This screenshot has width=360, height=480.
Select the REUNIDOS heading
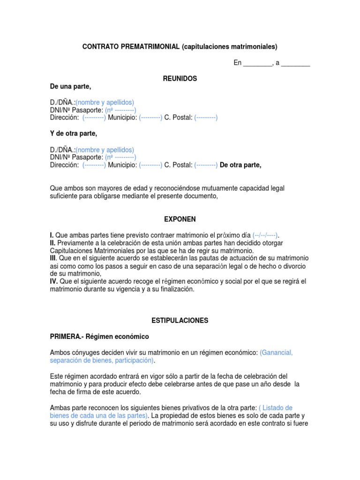coord(180,79)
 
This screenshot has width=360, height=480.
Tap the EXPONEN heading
coord(180,219)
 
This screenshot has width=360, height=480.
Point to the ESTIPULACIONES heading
coord(180,321)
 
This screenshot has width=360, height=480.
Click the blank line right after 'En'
coord(257,63)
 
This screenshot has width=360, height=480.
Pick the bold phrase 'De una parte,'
coord(71,86)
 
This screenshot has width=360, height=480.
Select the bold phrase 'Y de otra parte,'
coord(74,134)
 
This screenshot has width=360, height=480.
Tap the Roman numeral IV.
coord(53,281)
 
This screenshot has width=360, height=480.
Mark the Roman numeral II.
coord(52,243)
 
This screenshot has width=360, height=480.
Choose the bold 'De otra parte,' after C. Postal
coord(240,165)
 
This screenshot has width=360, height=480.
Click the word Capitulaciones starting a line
coord(71,251)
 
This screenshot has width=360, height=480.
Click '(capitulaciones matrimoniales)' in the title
coord(230,46)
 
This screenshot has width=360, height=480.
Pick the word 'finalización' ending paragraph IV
coord(176,289)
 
